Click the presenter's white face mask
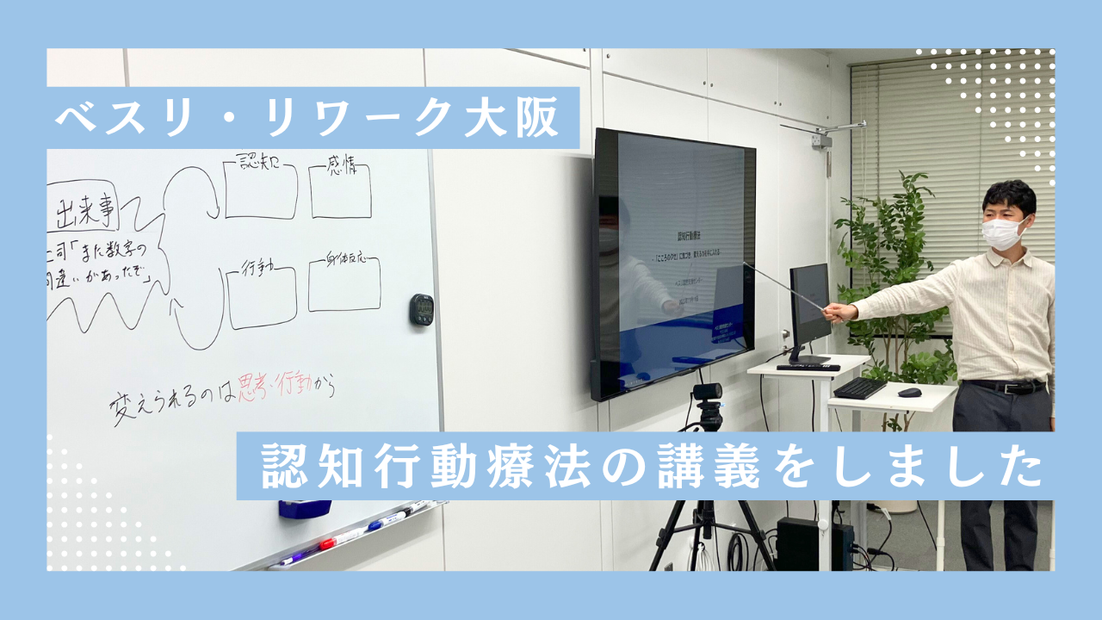(x=1004, y=233)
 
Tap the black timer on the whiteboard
(x=421, y=309)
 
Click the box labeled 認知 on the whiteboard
(x=260, y=190)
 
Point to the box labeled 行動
(x=262, y=297)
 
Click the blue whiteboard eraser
(x=305, y=508)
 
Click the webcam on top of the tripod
(x=708, y=392)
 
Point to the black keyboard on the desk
(x=859, y=387)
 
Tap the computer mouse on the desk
(x=909, y=393)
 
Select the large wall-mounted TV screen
(x=673, y=263)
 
